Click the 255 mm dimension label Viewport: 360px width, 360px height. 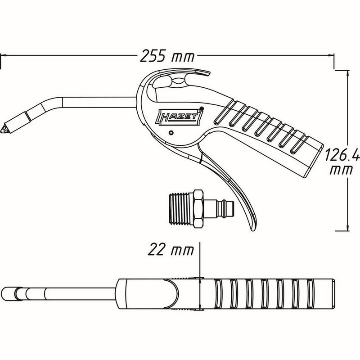(163, 57)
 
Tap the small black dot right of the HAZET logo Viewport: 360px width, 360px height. (202, 108)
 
